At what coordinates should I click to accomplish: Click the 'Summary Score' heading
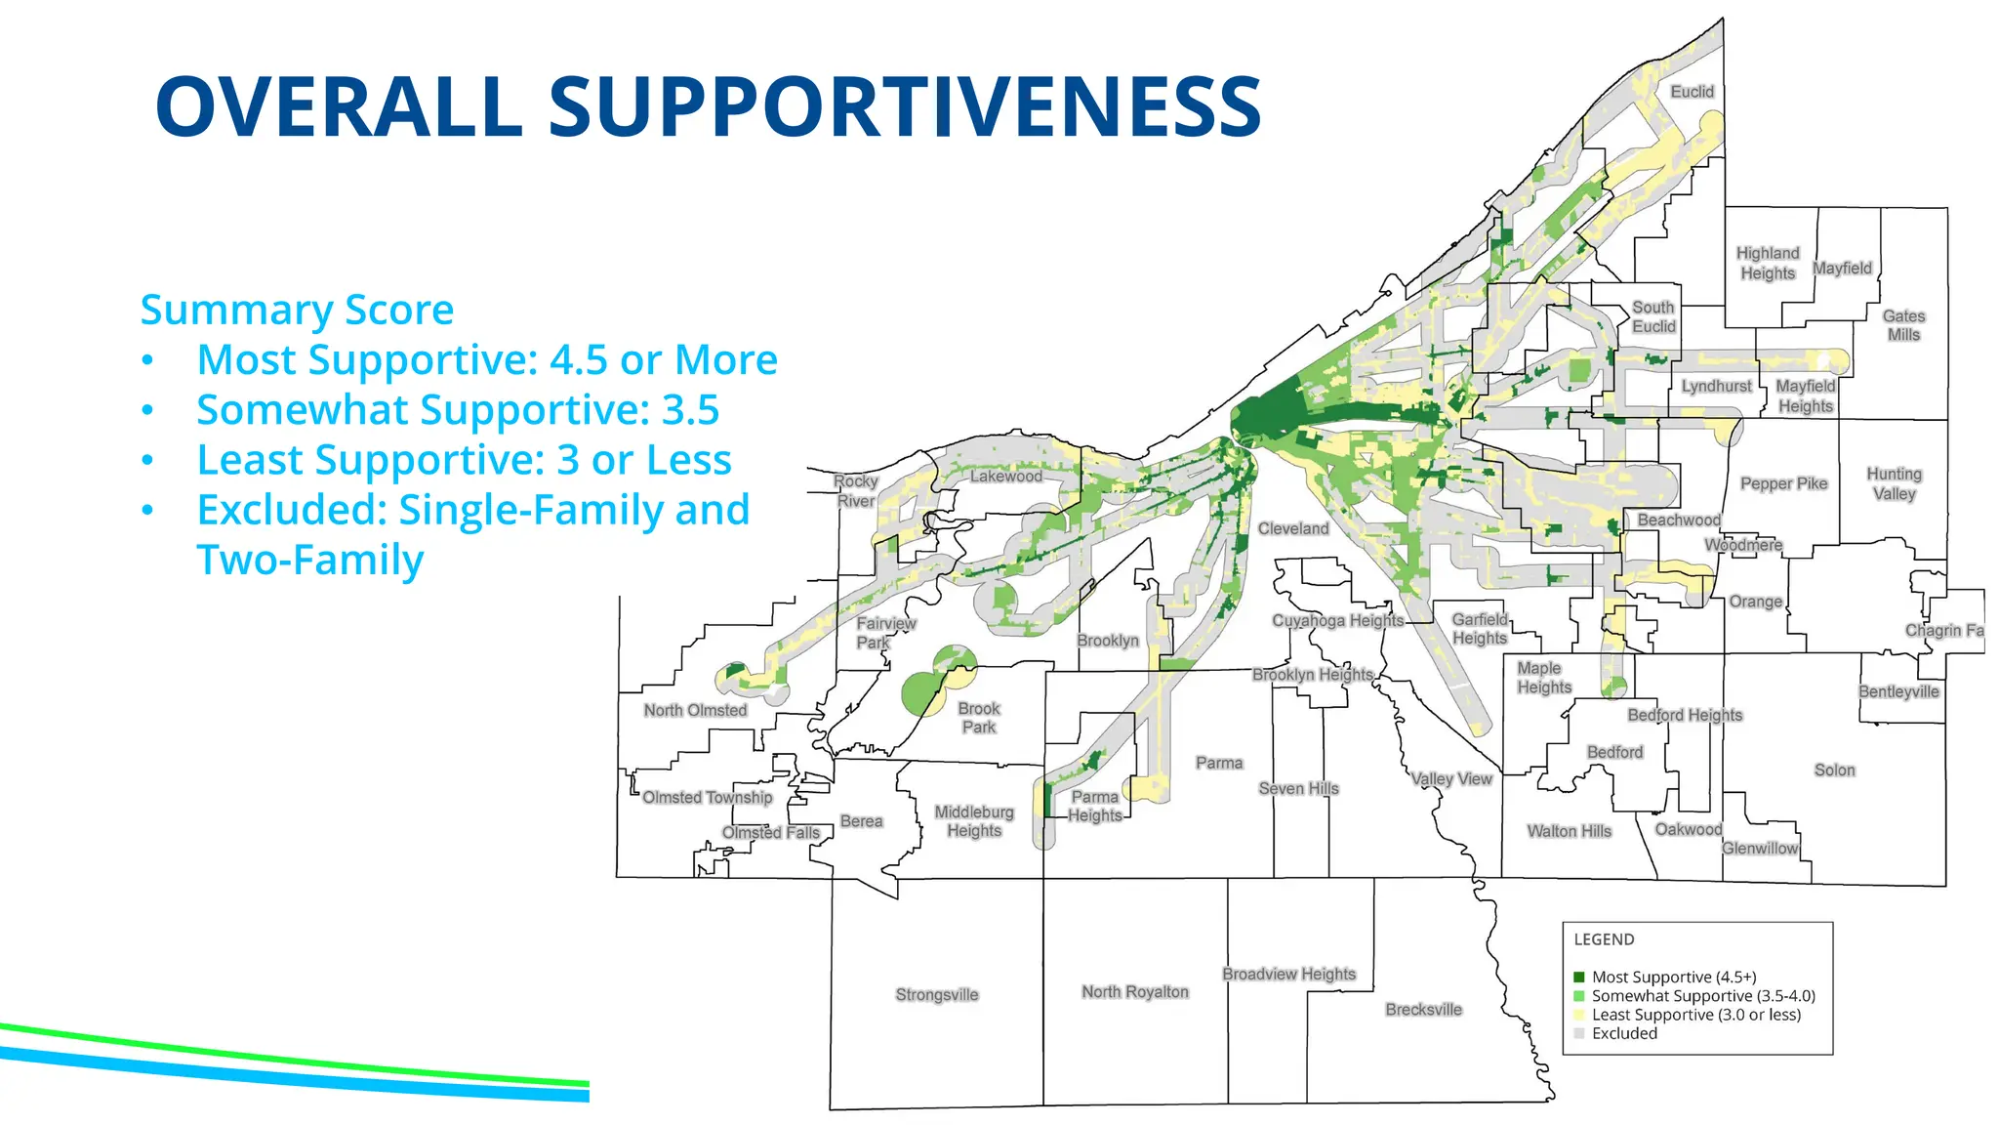[x=297, y=310]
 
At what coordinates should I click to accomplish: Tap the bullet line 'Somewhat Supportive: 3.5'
[x=457, y=410]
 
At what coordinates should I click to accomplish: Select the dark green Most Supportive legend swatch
[x=1579, y=978]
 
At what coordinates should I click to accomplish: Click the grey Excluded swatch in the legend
[x=1579, y=1034]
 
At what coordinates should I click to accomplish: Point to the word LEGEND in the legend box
[x=1604, y=939]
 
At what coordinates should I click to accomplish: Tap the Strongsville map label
[x=936, y=995]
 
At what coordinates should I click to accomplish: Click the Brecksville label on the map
[x=1423, y=1010]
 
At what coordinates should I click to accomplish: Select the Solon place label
[x=1834, y=771]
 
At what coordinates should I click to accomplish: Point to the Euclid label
[x=1692, y=92]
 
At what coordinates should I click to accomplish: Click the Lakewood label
[x=1005, y=477]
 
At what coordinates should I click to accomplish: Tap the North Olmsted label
[x=695, y=711]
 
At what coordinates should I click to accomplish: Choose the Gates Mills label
[x=1903, y=325]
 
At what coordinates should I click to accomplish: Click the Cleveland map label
[x=1292, y=529]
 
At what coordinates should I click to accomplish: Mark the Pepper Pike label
[x=1783, y=484]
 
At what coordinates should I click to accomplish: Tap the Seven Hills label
[x=1298, y=789]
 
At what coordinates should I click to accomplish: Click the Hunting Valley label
[x=1894, y=484]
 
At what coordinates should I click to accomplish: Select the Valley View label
[x=1451, y=779]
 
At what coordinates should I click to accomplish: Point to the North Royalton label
[x=1134, y=992]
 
